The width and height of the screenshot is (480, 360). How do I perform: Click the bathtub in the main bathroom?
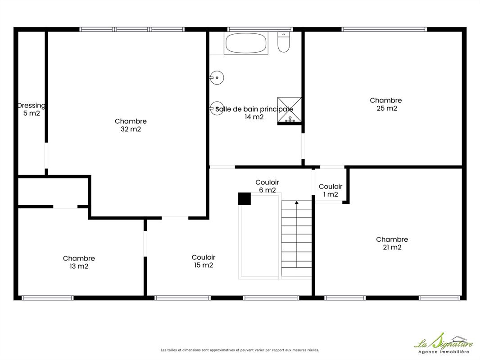[x=246, y=43]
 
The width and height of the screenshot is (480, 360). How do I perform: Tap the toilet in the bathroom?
[x=284, y=42]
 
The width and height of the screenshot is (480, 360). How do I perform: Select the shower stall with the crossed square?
[x=289, y=110]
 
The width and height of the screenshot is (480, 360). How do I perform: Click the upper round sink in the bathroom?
[x=217, y=78]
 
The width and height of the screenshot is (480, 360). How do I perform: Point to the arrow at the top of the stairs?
[x=296, y=203]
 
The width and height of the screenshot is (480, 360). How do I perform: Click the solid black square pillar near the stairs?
[x=245, y=199]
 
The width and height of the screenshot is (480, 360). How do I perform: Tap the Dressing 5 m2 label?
[x=31, y=109]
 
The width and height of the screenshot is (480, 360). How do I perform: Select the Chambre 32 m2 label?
[x=131, y=125]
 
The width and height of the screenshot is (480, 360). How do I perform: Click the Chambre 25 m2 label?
[x=386, y=104]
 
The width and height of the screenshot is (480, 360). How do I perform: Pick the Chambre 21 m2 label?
[x=392, y=243]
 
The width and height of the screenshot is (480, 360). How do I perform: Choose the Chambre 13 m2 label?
[x=79, y=262]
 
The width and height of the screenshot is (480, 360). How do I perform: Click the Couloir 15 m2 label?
[x=204, y=261]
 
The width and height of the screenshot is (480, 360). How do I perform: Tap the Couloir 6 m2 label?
[x=267, y=186]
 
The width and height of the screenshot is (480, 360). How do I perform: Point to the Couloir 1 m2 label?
[x=331, y=190]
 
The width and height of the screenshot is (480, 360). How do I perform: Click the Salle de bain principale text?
[x=254, y=109]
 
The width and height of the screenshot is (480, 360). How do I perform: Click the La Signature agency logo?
[x=444, y=343]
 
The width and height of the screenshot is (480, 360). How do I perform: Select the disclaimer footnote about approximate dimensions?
[x=240, y=350]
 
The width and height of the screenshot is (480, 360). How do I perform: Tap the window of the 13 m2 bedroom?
[x=47, y=298]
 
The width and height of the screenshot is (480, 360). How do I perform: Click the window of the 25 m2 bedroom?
[x=384, y=29]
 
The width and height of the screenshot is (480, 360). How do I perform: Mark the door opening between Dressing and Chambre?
[x=46, y=156]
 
